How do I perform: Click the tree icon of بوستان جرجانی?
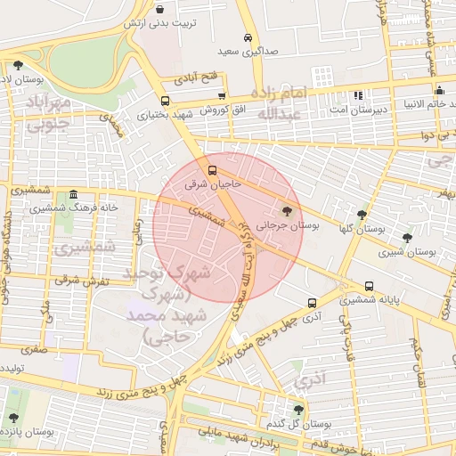point(286,211)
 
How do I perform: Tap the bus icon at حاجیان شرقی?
point(211,168)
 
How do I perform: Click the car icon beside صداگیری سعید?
point(247,37)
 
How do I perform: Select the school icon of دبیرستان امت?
point(358,94)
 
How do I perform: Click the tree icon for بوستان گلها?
point(361,215)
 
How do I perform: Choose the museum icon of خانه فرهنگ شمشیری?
point(73,194)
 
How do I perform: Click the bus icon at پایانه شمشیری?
point(369,286)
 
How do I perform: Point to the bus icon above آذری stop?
point(311,303)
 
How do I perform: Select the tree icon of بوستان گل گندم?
point(298,409)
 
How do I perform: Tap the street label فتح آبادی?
point(198,79)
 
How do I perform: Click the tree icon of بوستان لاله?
point(18,64)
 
